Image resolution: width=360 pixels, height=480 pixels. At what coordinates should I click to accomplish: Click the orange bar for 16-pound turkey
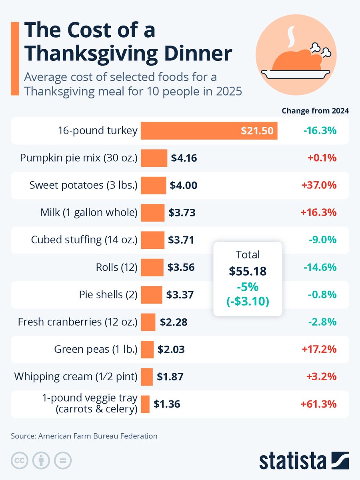coord(188,131)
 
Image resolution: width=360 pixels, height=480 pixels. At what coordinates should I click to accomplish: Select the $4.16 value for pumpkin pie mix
coord(184,158)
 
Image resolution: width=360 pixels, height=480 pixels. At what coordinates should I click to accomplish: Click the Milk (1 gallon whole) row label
coord(89,213)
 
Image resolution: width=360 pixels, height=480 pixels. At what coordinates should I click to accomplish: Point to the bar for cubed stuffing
coord(152,240)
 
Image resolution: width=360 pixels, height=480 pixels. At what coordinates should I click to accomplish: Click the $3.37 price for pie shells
coord(180,295)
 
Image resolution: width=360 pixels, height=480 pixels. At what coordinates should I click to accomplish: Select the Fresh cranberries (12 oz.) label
coord(78,322)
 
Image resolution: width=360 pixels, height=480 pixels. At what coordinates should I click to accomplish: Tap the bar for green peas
coord(147,349)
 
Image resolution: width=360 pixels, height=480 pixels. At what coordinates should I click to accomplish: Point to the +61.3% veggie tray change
coord(318,404)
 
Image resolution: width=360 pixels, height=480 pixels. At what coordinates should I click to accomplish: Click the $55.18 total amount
coord(248,271)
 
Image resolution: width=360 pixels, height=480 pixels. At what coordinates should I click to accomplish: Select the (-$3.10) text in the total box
coord(248,301)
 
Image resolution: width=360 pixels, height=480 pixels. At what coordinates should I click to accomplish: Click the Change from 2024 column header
coord(315,111)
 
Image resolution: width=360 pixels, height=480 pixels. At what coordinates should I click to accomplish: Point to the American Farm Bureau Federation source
coord(98,436)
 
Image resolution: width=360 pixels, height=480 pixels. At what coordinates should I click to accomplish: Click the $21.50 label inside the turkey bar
coord(257,131)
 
